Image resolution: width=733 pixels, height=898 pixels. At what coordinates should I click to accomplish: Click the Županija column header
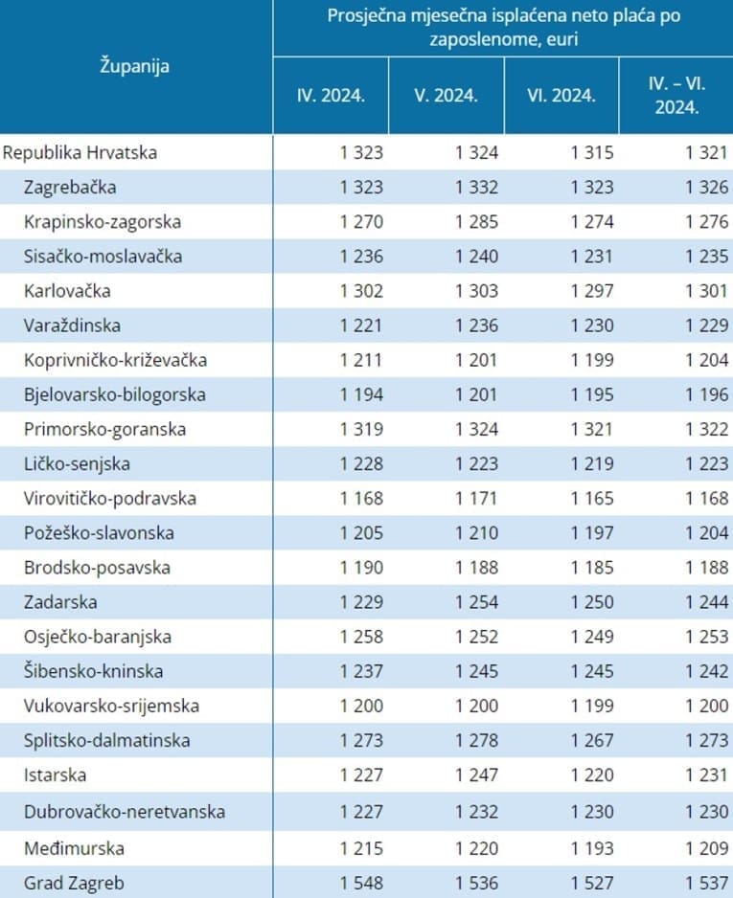[135, 66]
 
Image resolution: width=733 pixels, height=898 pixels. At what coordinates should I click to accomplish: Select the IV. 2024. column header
[331, 96]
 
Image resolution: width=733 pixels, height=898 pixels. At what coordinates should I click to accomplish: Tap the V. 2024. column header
[447, 96]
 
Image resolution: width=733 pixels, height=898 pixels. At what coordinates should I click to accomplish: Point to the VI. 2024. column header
[561, 96]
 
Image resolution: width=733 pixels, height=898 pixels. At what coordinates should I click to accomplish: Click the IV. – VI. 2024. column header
[676, 95]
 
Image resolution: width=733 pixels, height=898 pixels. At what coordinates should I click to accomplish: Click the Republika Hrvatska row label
[80, 152]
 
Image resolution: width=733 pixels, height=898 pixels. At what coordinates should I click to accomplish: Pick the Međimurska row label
[74, 848]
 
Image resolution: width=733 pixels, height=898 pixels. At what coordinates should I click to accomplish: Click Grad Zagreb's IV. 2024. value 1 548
[361, 883]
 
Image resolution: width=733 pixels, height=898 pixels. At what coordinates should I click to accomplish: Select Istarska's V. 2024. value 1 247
[477, 775]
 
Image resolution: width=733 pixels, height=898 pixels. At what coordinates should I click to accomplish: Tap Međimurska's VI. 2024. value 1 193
[591, 848]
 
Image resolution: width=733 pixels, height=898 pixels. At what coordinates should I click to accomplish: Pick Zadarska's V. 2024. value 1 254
[477, 602]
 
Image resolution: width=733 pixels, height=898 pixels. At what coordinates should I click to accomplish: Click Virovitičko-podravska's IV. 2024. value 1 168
[361, 499]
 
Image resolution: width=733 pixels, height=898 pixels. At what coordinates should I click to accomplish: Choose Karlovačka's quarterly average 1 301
[707, 291]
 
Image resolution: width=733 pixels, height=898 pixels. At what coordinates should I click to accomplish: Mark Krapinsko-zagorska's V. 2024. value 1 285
[477, 222]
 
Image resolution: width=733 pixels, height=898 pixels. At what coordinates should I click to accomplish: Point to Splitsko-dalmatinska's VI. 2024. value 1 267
[591, 740]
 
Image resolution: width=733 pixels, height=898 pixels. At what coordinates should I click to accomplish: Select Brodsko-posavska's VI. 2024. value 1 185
[591, 568]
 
